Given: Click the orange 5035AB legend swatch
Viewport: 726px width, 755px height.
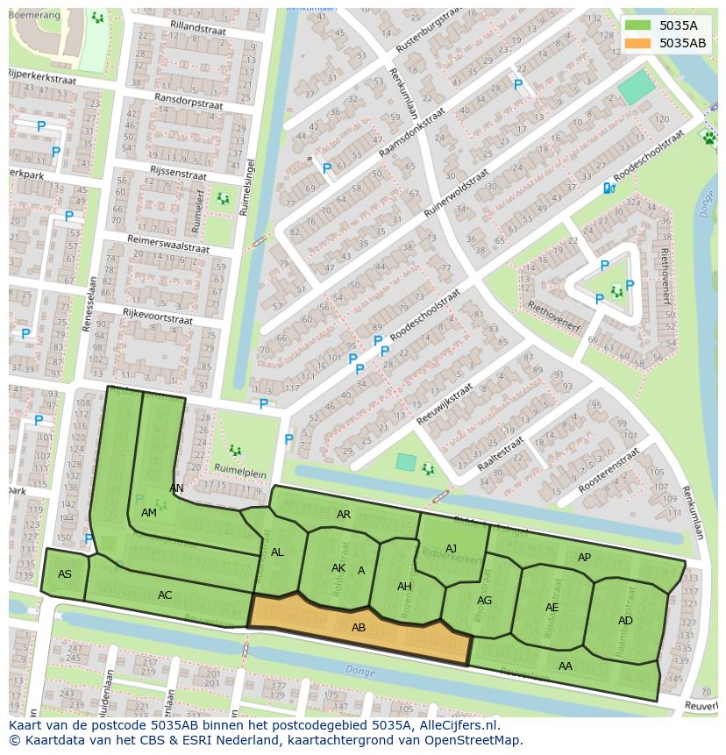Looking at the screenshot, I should pos(639,43).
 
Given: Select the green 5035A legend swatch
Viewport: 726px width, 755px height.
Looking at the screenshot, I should pos(639,25).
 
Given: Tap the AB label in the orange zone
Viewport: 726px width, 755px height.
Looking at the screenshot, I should pos(359,628).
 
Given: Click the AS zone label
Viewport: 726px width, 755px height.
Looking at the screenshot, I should pos(65,574).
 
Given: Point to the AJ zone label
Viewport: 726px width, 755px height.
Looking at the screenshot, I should pos(451,549).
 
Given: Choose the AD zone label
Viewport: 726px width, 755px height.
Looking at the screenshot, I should pos(625,621).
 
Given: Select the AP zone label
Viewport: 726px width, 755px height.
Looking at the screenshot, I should pos(584,558).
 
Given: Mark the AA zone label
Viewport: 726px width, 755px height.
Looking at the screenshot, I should pos(566,666).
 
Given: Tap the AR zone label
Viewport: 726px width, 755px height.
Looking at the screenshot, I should pos(344,515).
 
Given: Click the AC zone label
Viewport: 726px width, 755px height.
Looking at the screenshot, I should pos(165,595).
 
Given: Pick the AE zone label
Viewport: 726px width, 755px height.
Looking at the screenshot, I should pos(552,608).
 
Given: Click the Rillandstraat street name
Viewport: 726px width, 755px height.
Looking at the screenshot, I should pos(197,28).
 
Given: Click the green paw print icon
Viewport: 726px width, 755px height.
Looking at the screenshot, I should pos(708,137).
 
